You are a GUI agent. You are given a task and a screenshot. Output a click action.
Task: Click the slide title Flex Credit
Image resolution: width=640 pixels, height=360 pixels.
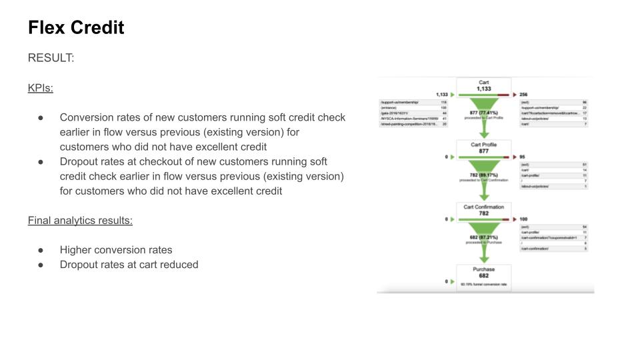pyautogui.click(x=76, y=28)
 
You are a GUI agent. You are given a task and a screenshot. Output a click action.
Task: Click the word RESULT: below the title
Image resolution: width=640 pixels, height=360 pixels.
pyautogui.click(x=51, y=58)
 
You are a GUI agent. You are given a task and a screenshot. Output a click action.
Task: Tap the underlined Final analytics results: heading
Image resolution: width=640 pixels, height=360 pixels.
pyautogui.click(x=80, y=220)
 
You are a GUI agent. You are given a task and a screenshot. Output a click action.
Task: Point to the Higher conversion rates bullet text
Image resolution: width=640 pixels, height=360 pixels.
pyautogui.click(x=116, y=250)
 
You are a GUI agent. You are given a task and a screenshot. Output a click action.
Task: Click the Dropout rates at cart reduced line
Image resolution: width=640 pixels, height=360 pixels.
pyautogui.click(x=129, y=265)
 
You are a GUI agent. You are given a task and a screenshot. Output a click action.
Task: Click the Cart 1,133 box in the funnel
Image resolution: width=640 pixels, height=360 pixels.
pyautogui.click(x=484, y=86)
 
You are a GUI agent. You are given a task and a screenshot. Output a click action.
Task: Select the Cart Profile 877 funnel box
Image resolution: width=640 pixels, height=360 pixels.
pyautogui.click(x=484, y=148)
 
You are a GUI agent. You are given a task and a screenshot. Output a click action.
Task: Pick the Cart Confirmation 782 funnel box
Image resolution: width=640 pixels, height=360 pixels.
pyautogui.click(x=484, y=211)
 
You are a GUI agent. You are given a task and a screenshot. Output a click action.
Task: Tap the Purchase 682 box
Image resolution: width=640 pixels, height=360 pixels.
pyautogui.click(x=484, y=273)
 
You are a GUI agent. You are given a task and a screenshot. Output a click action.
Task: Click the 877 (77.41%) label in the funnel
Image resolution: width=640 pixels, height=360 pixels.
pyautogui.click(x=484, y=113)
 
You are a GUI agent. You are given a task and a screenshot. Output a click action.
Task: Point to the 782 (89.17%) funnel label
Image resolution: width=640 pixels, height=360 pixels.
pyautogui.click(x=484, y=175)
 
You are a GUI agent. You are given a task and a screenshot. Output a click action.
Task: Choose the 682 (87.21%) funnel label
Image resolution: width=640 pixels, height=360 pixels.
pyautogui.click(x=484, y=237)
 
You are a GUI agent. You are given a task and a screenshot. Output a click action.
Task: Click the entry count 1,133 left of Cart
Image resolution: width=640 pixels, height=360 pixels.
pyautogui.click(x=441, y=95)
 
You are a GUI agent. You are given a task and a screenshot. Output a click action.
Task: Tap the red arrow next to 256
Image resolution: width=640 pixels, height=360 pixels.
pyautogui.click(x=515, y=95)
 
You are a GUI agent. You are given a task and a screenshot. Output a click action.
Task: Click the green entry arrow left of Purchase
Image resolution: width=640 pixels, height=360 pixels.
pyautogui.click(x=453, y=282)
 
